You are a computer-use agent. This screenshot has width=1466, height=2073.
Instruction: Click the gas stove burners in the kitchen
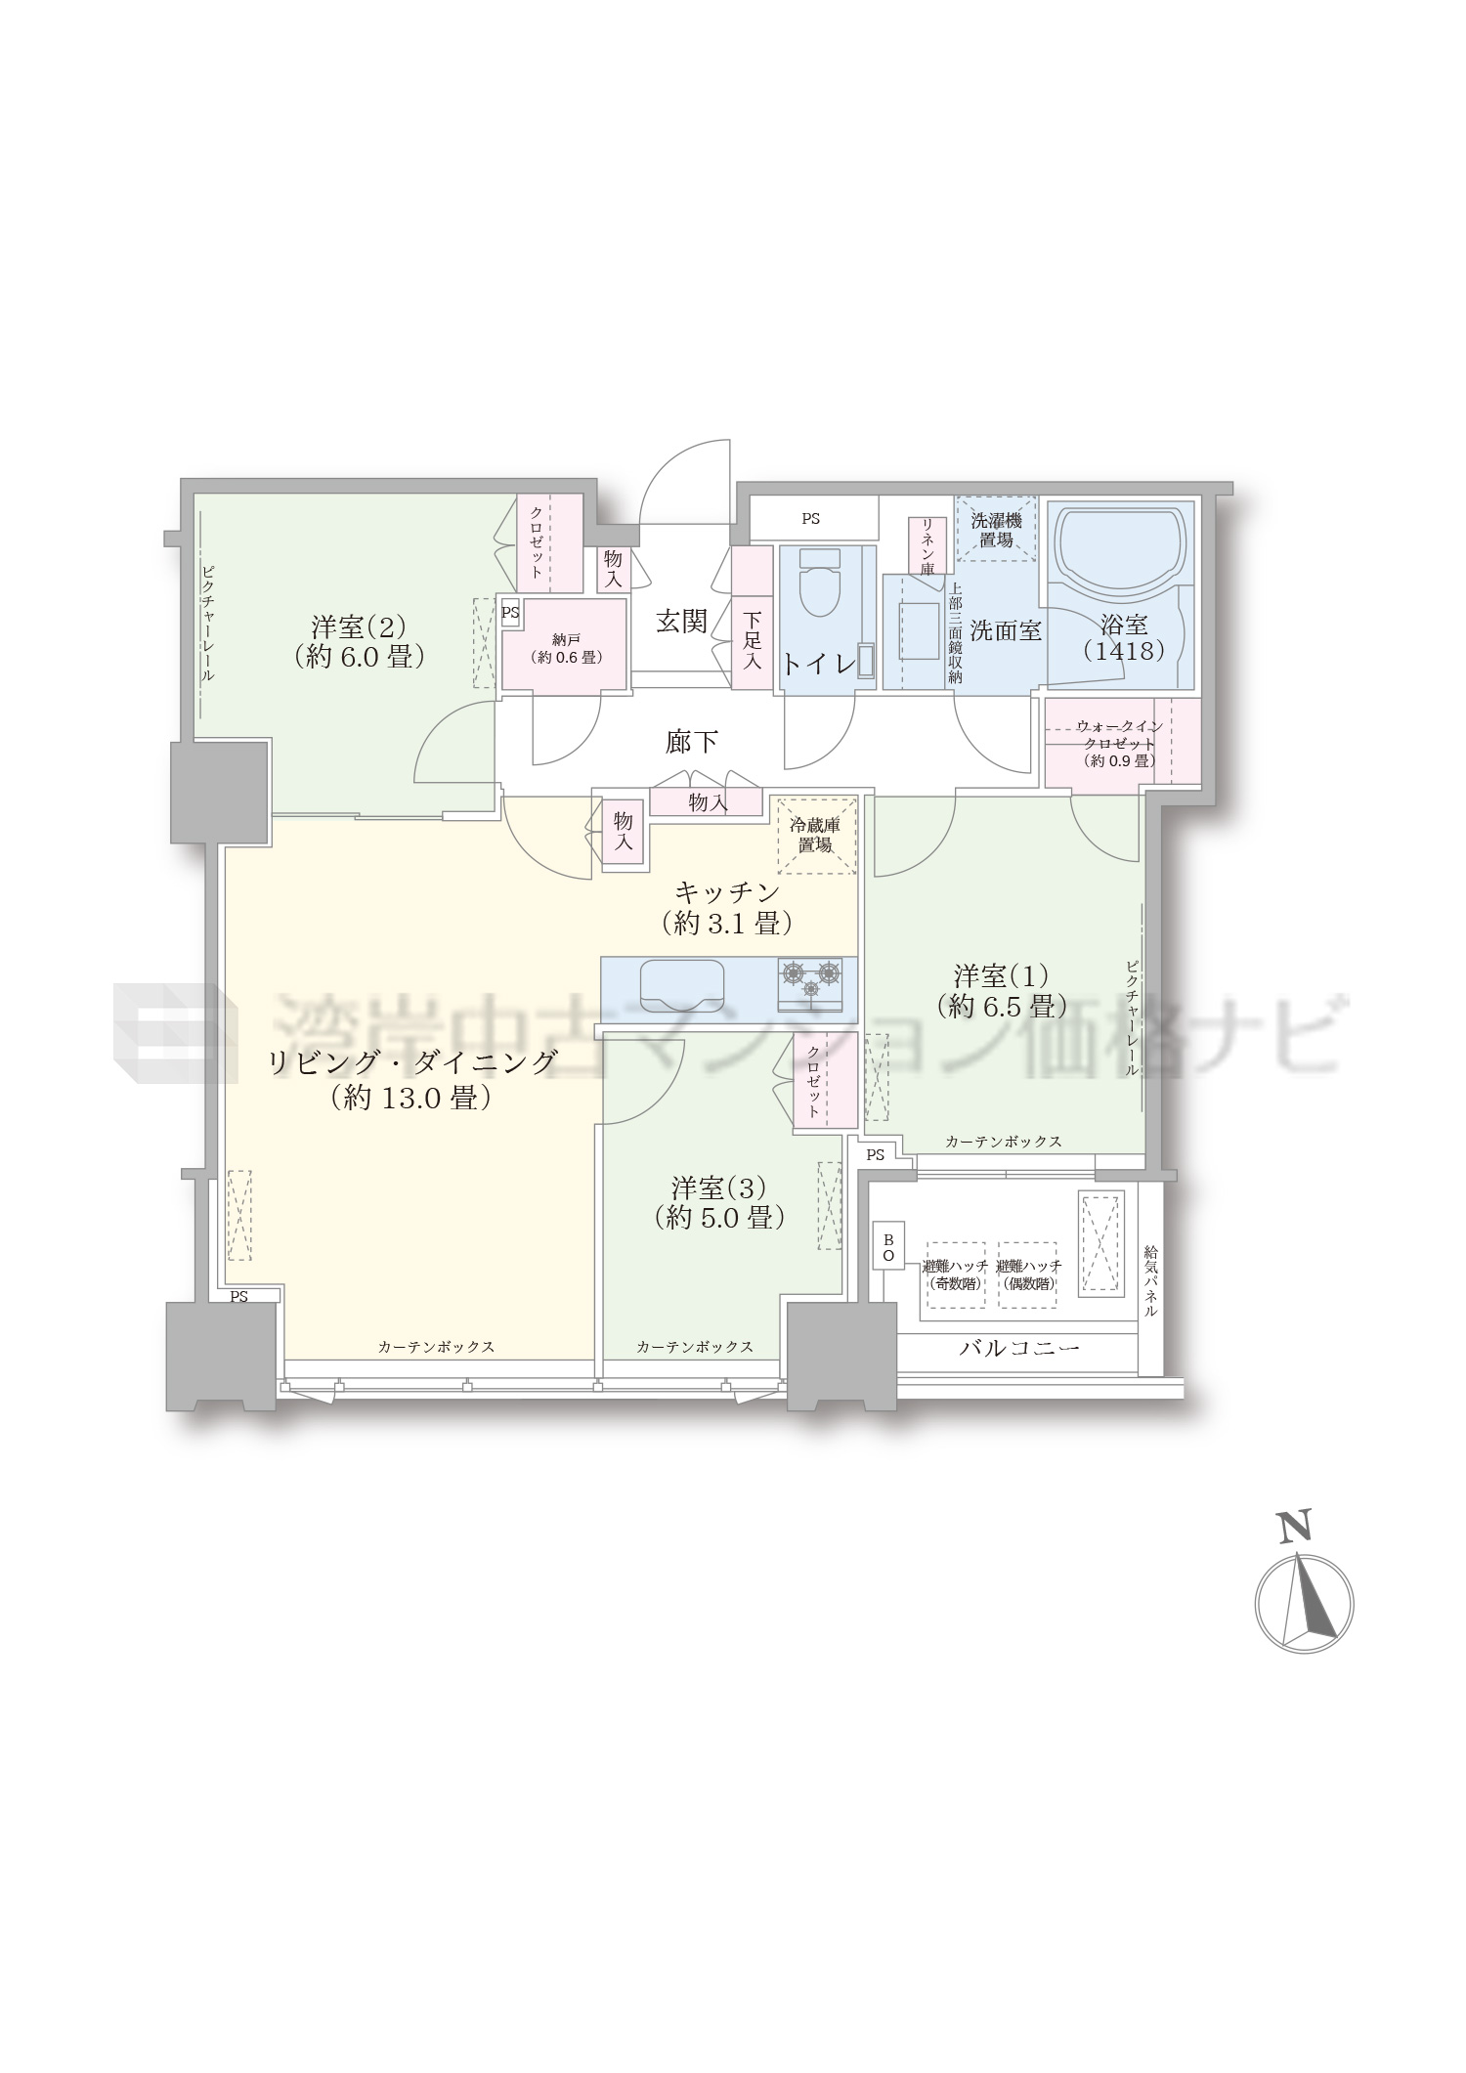[x=810, y=983]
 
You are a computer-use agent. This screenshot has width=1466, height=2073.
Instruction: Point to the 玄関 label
[x=681, y=622]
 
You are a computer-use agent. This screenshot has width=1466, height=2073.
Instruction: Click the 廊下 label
[x=692, y=742]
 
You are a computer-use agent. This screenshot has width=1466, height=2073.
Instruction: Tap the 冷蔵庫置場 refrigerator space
[x=816, y=836]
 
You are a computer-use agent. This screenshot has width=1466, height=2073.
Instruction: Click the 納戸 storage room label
[x=565, y=647]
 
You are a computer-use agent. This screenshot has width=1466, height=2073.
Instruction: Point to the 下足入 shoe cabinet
[x=752, y=619]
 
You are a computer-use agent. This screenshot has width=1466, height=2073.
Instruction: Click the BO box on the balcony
[x=888, y=1246]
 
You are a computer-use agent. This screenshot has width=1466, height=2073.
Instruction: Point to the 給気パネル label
[x=1151, y=1280]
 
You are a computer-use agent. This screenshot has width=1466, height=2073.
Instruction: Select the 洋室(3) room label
[x=718, y=1202]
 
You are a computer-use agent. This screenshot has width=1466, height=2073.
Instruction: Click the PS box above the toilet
[x=811, y=519]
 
